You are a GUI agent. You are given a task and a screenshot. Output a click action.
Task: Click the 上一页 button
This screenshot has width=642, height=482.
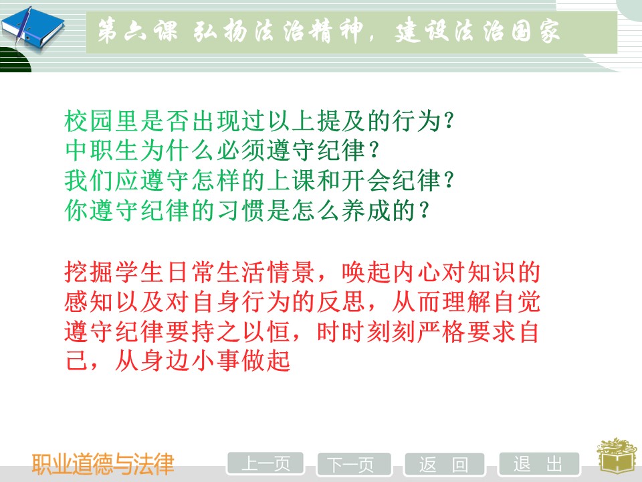(x=265, y=464)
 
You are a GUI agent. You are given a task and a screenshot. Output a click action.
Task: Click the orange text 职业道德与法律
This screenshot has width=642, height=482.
(x=103, y=464)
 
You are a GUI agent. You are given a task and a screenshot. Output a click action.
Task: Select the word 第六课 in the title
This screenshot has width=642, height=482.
(x=138, y=31)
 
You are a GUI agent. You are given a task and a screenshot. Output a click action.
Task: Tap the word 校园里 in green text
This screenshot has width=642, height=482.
(x=102, y=121)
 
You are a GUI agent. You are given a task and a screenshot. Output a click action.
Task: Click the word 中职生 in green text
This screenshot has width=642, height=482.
(x=102, y=151)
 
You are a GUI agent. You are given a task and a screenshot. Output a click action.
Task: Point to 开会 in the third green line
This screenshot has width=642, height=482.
(x=366, y=180)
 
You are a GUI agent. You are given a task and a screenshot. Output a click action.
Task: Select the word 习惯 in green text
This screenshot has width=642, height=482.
(x=240, y=210)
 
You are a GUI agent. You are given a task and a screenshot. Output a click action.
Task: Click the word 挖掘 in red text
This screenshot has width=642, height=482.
(x=89, y=272)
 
